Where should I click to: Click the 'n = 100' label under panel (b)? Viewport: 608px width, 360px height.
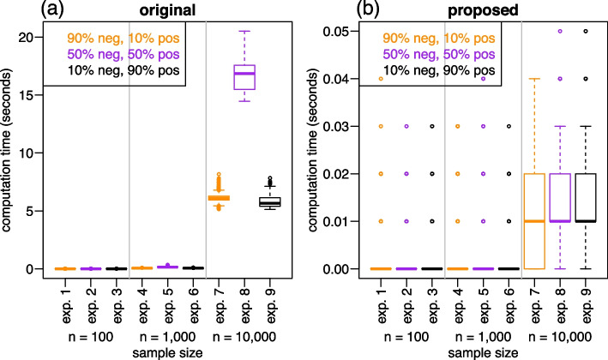[404, 332]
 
